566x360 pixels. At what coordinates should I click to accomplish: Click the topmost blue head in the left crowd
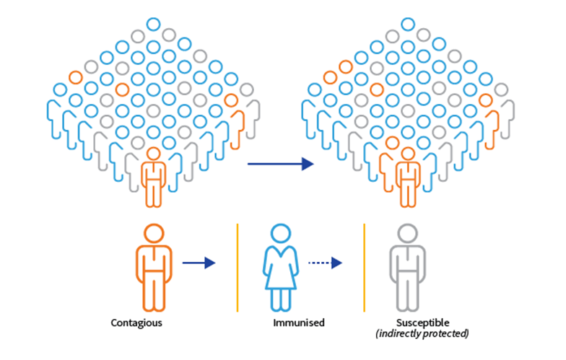pyautogui.click(x=153, y=24)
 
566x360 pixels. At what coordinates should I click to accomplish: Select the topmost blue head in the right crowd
pyautogui.click(x=407, y=24)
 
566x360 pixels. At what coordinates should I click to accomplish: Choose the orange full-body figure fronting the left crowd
pyautogui.click(x=153, y=177)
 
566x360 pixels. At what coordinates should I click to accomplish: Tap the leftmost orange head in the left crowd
pyautogui.click(x=75, y=76)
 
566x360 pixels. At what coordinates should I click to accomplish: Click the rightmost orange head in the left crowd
pyautogui.click(x=231, y=100)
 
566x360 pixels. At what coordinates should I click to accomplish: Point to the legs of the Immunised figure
pyautogui.click(x=280, y=296)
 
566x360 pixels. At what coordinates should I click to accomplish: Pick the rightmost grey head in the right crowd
pyautogui.click(x=501, y=89)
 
